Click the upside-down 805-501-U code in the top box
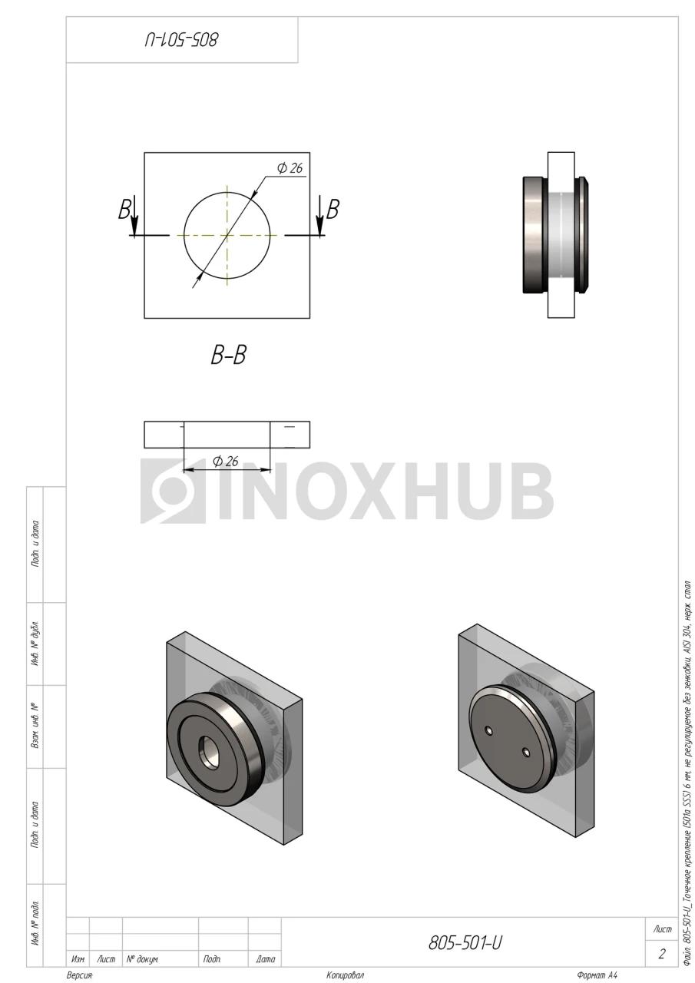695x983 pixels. click(181, 39)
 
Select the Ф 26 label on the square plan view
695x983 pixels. click(290, 167)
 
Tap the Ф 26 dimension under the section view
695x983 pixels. click(226, 461)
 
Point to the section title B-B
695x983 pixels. click(228, 355)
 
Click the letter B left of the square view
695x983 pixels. click(124, 210)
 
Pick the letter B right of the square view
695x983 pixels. click(333, 210)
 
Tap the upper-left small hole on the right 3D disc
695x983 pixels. click(488, 730)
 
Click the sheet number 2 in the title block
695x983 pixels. click(662, 954)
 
